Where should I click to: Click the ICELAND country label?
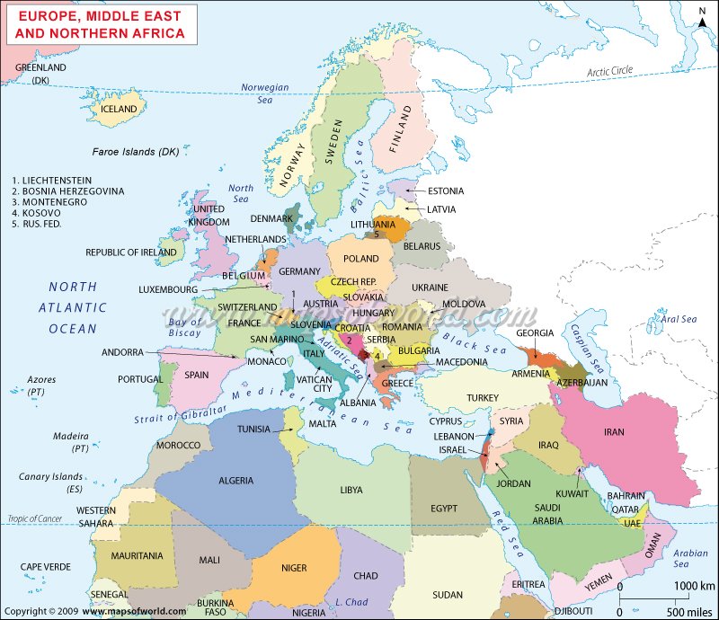point(119,109)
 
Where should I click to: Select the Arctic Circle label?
point(610,71)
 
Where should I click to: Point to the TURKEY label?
point(482,397)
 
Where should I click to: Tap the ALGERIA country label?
point(235,481)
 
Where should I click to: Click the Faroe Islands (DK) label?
point(135,152)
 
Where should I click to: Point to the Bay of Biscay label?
point(185,328)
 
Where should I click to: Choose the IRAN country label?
point(614,432)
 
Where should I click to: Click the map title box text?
point(101,24)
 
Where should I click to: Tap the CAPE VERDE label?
point(46,567)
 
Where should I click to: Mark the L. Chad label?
point(351,601)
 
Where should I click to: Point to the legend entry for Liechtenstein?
point(51,181)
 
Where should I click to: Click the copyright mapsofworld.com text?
point(94,611)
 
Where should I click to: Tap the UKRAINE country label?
point(430,288)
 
